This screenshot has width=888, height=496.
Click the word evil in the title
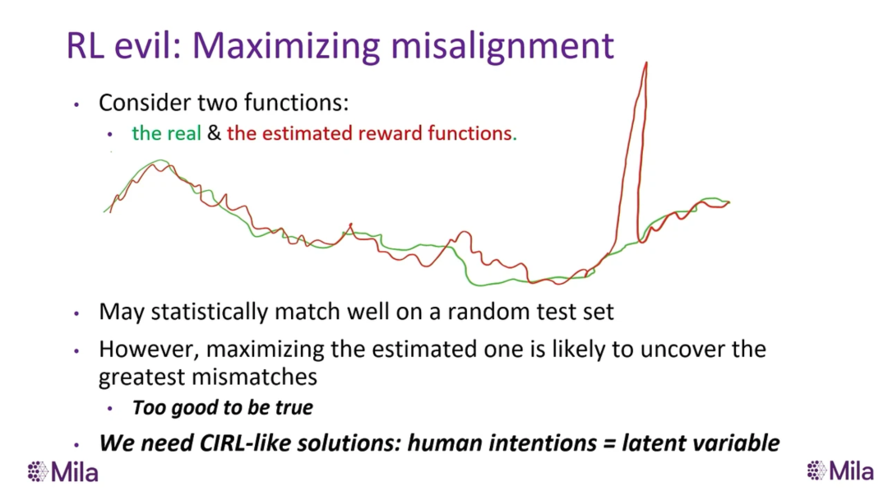click(x=146, y=45)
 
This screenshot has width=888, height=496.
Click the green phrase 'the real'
click(x=166, y=133)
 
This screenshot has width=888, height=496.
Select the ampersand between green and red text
click(x=214, y=133)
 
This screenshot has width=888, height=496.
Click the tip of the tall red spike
click(x=646, y=63)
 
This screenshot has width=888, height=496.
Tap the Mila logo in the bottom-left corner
click(x=62, y=471)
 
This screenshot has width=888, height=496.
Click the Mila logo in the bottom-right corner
click(x=840, y=471)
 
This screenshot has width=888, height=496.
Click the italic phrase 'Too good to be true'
click(x=223, y=407)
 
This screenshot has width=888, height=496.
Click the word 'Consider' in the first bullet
click(x=145, y=103)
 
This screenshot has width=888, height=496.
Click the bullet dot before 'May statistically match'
click(x=76, y=313)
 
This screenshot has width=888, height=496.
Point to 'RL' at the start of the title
click(x=85, y=46)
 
